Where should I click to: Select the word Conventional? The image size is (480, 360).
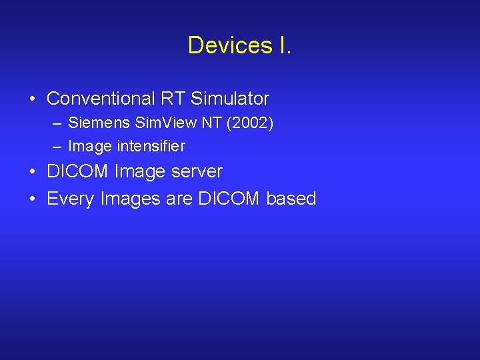click(x=101, y=99)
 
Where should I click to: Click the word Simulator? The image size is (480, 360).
click(x=230, y=99)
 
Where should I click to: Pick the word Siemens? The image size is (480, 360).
click(x=95, y=123)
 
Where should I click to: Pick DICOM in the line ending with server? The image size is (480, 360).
click(x=78, y=171)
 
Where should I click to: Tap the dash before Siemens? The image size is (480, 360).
click(x=59, y=123)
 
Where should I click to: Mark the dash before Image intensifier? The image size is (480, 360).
click(x=59, y=146)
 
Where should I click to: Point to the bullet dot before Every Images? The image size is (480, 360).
click(x=32, y=199)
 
